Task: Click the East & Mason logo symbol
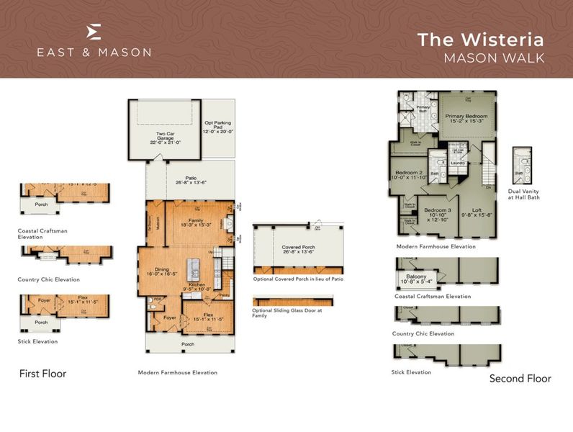pos(94,32)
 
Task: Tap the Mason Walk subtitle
pos(494,57)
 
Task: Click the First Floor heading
pos(42,374)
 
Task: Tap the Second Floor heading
pos(520,378)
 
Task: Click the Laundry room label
pos(459,163)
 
